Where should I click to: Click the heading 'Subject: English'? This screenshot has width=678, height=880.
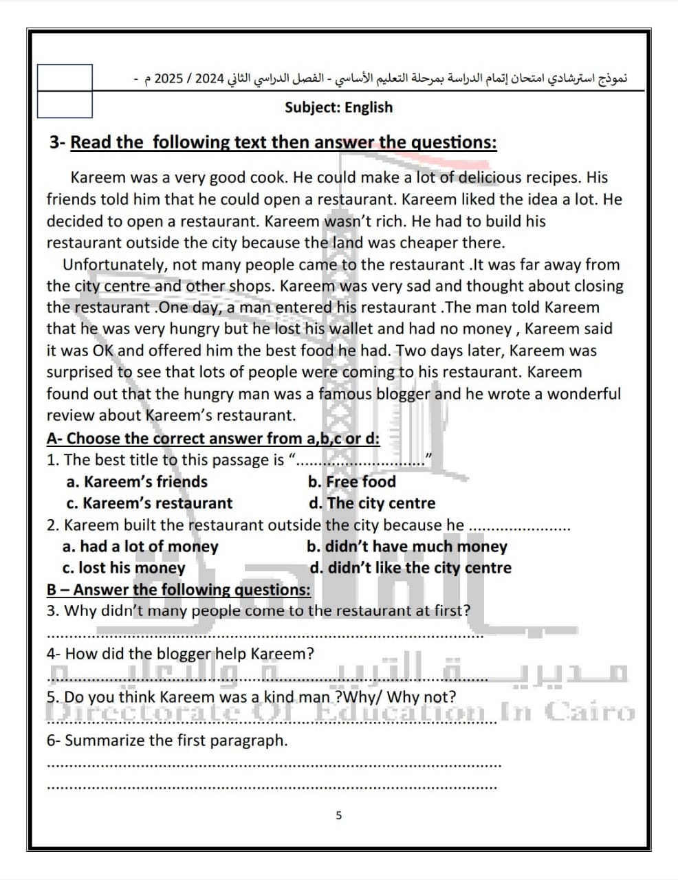click(x=338, y=107)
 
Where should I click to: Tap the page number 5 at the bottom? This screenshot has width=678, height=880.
click(x=338, y=815)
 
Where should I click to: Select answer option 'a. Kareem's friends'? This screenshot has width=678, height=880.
click(x=137, y=482)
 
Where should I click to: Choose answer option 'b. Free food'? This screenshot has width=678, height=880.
click(x=352, y=482)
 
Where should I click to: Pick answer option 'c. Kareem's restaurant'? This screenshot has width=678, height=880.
click(x=149, y=503)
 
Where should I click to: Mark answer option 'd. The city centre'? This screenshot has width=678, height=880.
click(x=372, y=503)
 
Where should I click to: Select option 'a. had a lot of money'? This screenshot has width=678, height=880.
click(x=140, y=547)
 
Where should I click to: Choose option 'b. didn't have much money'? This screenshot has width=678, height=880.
click(x=406, y=547)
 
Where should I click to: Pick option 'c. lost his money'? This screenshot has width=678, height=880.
click(x=124, y=568)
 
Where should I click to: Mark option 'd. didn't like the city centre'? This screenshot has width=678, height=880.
click(x=411, y=568)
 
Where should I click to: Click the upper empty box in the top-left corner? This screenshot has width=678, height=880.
click(x=65, y=78)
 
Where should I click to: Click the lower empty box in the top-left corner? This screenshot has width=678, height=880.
click(x=65, y=104)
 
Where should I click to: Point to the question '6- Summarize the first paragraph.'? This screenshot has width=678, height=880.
click(x=167, y=740)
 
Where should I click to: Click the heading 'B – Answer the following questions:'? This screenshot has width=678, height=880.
click(x=178, y=590)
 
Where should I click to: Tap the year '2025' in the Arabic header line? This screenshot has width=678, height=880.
click(x=168, y=78)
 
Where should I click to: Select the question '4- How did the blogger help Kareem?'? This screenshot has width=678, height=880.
click(x=180, y=654)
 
